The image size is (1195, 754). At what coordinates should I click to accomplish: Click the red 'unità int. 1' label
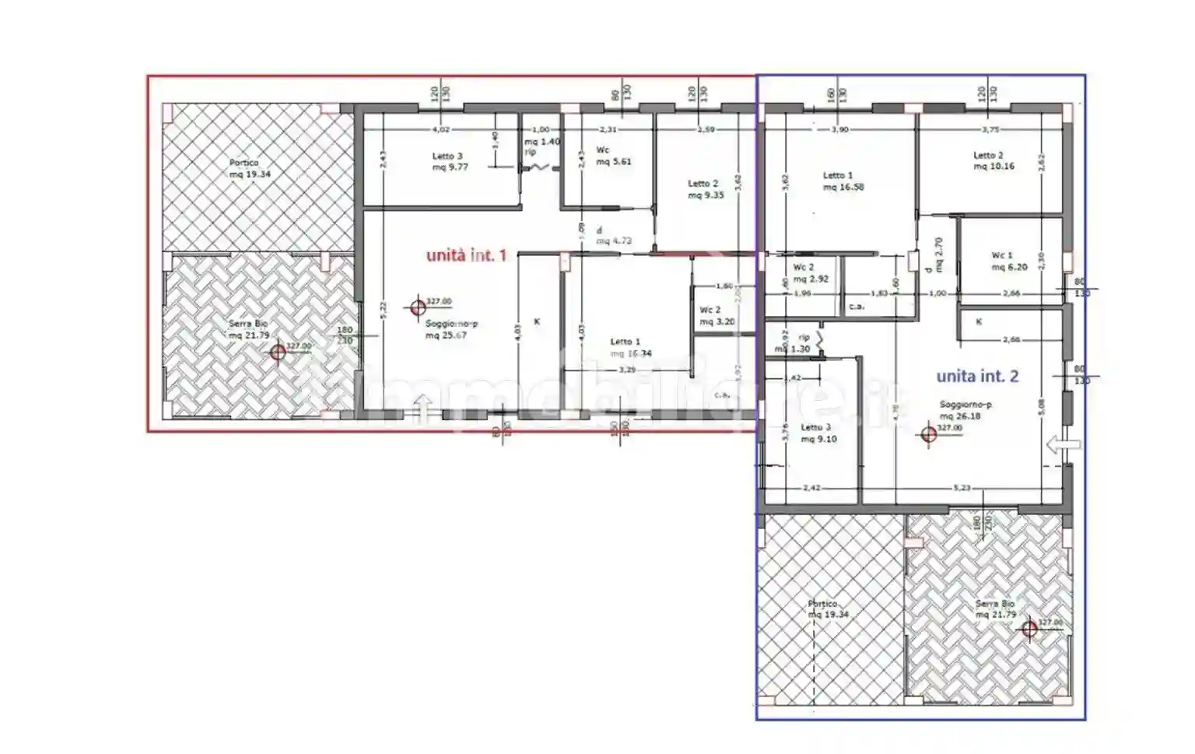point(467,254)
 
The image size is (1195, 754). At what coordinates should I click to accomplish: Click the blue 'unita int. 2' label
point(977,377)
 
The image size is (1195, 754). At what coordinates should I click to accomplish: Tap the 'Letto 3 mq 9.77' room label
point(450,162)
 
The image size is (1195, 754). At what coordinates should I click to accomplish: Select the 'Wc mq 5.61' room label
point(613,156)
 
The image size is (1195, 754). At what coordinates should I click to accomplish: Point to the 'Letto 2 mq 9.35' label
point(705,190)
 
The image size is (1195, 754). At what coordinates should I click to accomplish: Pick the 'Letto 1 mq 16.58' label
point(843,181)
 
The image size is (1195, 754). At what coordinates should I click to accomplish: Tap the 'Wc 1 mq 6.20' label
point(1008,261)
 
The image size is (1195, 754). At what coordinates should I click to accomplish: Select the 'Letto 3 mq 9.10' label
point(818,433)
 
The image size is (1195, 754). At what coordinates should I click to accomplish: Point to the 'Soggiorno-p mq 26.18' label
point(964,410)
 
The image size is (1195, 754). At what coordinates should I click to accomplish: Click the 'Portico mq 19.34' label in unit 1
point(249,169)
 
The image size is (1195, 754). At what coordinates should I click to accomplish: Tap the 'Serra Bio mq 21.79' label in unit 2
point(995,609)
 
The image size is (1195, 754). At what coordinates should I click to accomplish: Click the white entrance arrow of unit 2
point(1064,444)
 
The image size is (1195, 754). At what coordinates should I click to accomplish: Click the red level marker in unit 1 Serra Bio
point(278,352)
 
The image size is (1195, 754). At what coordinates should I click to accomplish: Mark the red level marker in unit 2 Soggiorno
point(928,434)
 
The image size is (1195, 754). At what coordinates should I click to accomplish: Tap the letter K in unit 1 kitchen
point(537,321)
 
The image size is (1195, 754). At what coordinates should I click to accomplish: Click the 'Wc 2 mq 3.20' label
point(716,316)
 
